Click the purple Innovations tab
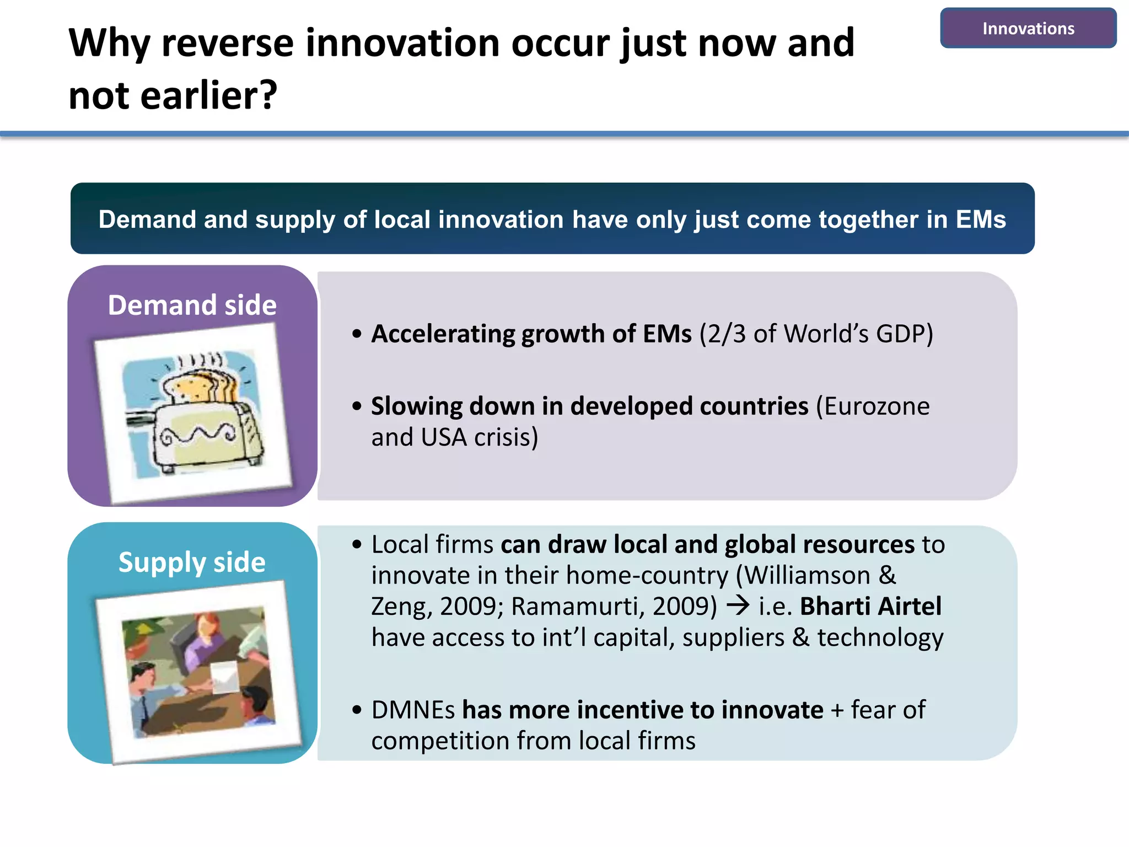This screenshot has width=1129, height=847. pyautogui.click(x=1028, y=28)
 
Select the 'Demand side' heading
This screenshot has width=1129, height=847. pyautogui.click(x=192, y=305)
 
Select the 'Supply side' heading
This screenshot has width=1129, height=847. pyautogui.click(x=192, y=562)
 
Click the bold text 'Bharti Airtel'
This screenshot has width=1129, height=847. pyautogui.click(x=870, y=607)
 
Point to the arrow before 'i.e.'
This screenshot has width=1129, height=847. pyautogui.click(x=738, y=606)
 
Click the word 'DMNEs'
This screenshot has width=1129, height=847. pyautogui.click(x=413, y=710)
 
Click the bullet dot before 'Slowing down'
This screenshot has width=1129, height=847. pyautogui.click(x=357, y=406)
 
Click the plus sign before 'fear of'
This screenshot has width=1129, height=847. pyautogui.click(x=837, y=711)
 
